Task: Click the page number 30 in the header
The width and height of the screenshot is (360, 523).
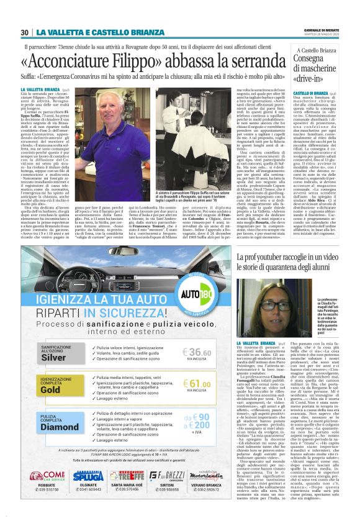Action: tap(25, 32)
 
